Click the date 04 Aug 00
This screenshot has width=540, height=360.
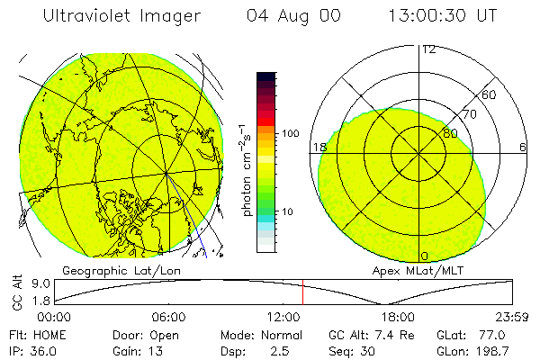(x=287, y=17)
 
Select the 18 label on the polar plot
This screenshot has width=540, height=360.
(x=318, y=147)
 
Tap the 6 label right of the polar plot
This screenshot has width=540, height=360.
(x=522, y=147)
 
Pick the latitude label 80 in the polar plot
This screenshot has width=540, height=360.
(x=450, y=133)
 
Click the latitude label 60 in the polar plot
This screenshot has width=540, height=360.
(x=489, y=94)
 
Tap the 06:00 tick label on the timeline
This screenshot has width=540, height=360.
(x=168, y=318)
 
